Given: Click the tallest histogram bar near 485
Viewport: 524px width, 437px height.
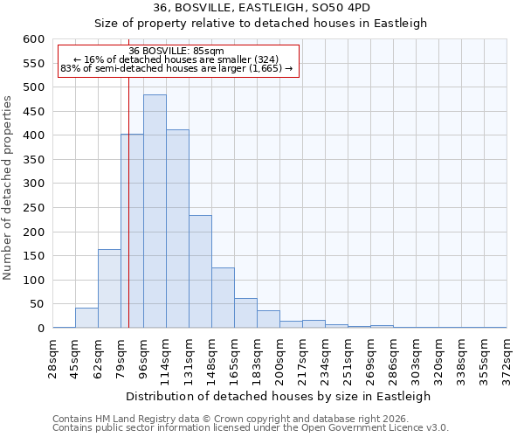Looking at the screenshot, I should click(x=155, y=212).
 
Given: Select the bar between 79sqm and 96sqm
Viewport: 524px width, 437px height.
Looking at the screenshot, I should click(x=132, y=231).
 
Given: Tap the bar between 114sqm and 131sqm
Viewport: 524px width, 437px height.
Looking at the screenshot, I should click(x=177, y=229).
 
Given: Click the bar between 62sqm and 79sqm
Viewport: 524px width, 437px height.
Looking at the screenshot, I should click(x=109, y=288).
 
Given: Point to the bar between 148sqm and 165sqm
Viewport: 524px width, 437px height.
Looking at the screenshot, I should click(x=223, y=298).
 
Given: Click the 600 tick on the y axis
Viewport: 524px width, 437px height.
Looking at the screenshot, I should click(x=33, y=39).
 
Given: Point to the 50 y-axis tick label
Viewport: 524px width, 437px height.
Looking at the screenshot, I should click(x=37, y=304).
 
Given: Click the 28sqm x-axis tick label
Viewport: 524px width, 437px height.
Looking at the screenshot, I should click(x=52, y=357).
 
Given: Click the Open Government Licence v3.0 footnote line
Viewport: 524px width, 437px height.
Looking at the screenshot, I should click(x=251, y=428).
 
